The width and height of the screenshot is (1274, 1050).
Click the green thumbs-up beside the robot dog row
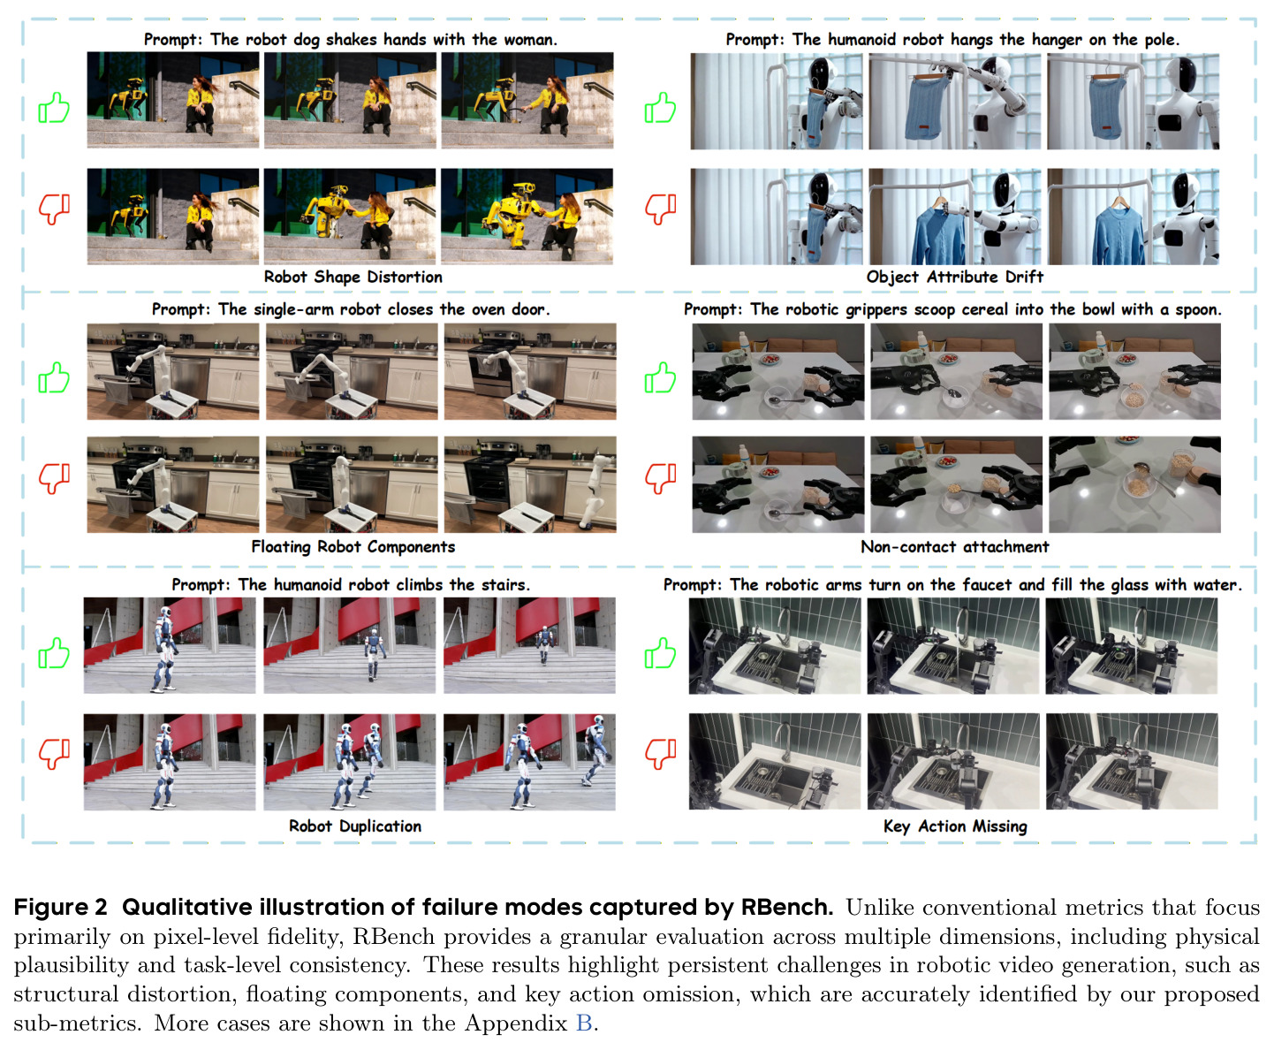[x=54, y=108]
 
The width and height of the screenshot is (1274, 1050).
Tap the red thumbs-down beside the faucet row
[x=661, y=753]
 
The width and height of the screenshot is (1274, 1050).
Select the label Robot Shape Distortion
[x=353, y=278]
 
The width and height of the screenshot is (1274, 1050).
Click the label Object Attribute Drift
[x=954, y=278]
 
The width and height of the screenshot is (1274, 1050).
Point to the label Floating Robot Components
[x=353, y=547]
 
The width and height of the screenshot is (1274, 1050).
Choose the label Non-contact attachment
[x=954, y=547]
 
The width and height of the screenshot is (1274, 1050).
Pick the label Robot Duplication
[x=354, y=826]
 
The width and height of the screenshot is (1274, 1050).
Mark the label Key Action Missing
[x=955, y=826]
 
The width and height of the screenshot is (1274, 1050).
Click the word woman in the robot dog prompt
[x=531, y=40]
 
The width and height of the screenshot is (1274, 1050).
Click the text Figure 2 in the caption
[x=60, y=908]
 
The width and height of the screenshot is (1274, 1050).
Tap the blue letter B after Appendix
[x=584, y=1023]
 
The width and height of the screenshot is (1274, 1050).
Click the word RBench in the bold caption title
[x=786, y=907]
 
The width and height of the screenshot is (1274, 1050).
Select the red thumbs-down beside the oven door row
[x=54, y=478]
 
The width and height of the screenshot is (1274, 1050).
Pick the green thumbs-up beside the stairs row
[x=54, y=653]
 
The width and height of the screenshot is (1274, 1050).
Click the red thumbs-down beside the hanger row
[x=661, y=209]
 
